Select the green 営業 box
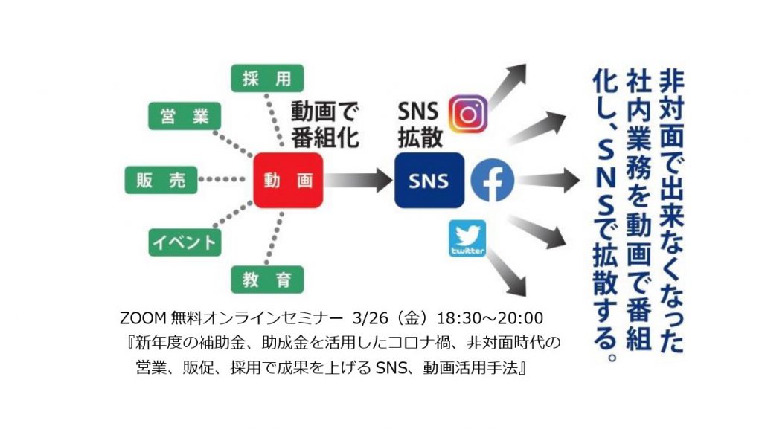point(185,117)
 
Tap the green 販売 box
point(161,181)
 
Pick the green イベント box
point(185,242)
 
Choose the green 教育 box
point(266,280)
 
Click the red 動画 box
point(288,181)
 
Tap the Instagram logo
point(469,114)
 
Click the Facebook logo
point(492,181)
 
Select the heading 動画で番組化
point(324,126)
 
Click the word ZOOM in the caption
point(140,319)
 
